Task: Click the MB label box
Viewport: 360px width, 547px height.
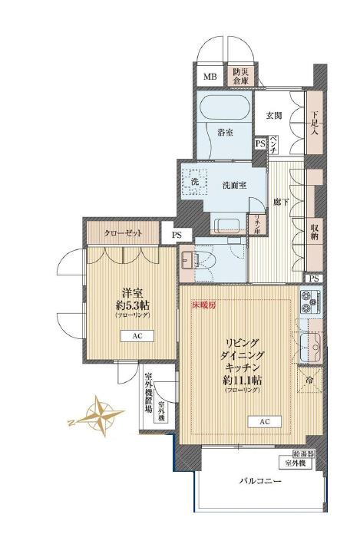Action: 210,77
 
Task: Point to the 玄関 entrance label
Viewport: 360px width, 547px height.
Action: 274,116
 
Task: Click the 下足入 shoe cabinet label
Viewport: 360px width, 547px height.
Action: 314,123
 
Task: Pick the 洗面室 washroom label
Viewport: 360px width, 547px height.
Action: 233,185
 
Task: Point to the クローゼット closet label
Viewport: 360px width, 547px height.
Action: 123,232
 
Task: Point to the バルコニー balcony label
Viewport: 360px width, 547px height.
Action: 259,481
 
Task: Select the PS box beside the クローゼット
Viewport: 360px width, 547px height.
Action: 177,235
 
